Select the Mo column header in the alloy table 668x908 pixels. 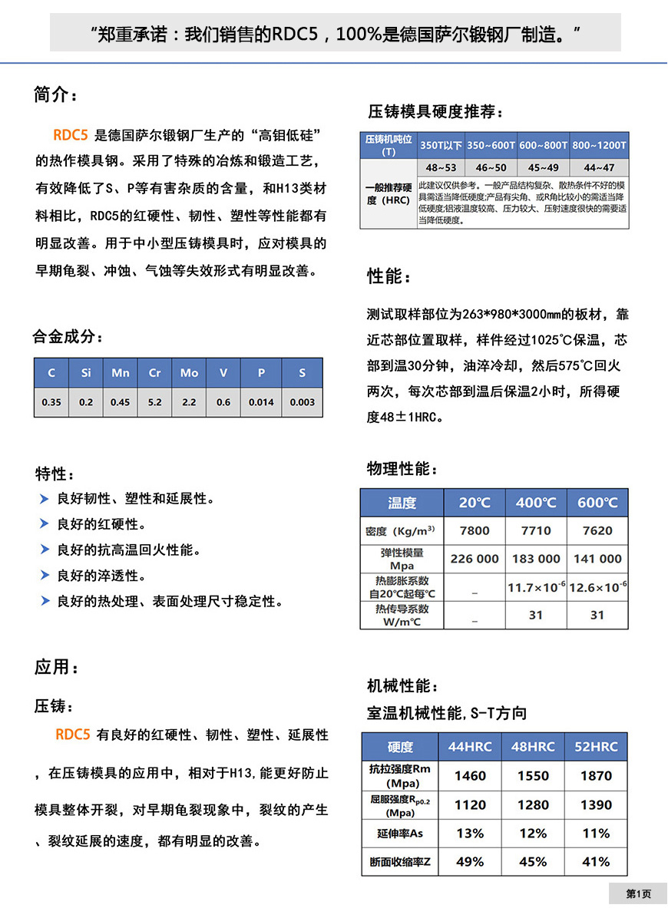click(189, 373)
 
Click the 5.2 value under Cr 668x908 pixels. click(155, 402)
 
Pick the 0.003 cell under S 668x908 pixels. click(303, 402)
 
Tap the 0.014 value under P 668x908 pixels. click(261, 402)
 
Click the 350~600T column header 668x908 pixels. click(491, 145)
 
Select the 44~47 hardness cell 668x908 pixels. click(599, 167)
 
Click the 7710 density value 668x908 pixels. click(536, 530)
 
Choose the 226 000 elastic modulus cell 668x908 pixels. click(475, 559)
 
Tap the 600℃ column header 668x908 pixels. click(597, 503)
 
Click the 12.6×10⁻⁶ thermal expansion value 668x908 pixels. click(597, 587)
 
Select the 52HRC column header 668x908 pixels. click(596, 747)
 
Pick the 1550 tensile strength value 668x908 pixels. click(533, 776)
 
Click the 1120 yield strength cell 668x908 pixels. click(470, 805)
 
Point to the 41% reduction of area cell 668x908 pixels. click(596, 862)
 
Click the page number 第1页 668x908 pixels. click(638, 893)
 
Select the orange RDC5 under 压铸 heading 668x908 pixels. click(74, 735)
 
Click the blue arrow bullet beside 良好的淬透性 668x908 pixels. click(45, 576)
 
